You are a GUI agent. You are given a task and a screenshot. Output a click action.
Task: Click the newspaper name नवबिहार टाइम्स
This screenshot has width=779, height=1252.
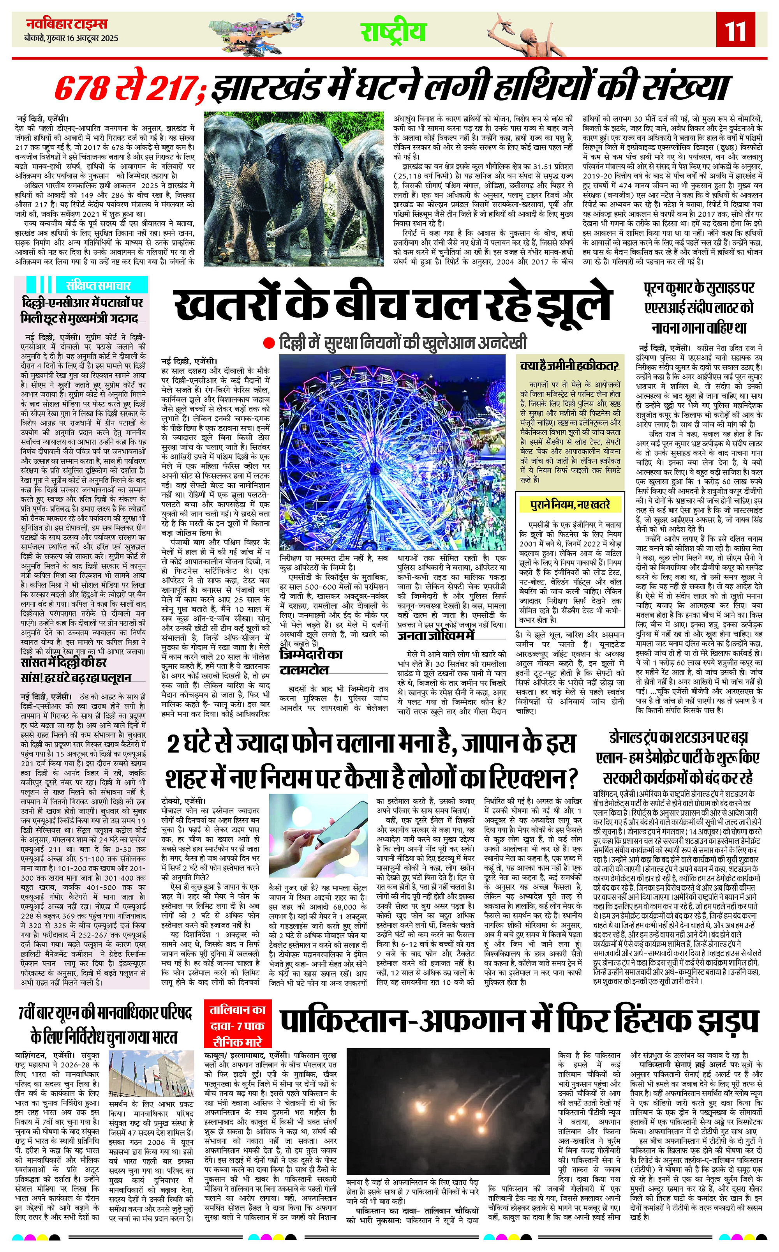point(67,25)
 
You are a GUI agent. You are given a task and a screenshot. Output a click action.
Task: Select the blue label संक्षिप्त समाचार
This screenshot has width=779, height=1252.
point(98,285)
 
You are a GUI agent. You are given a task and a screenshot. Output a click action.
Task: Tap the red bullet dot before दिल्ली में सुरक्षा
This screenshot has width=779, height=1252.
point(268,342)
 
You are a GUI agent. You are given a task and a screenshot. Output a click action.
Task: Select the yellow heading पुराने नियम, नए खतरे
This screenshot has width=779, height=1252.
point(570,503)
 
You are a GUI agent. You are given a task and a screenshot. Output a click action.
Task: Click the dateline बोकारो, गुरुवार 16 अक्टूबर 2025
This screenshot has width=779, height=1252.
point(71,38)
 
